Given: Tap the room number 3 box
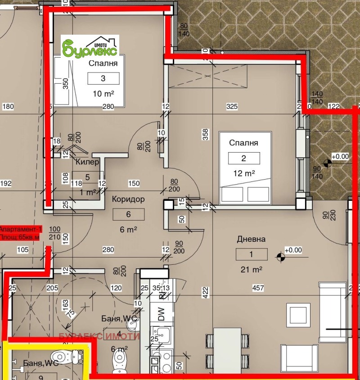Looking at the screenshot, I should [x=103, y=78].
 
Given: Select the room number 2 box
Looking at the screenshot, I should [x=244, y=158].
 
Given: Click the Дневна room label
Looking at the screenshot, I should [x=252, y=240].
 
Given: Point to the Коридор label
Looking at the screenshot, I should [x=128, y=199].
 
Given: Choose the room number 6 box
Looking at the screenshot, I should [x=128, y=214].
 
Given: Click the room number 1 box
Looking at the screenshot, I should [x=251, y=254].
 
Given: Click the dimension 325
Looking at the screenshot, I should [x=232, y=107].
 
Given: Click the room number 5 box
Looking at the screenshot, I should [x=88, y=177].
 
